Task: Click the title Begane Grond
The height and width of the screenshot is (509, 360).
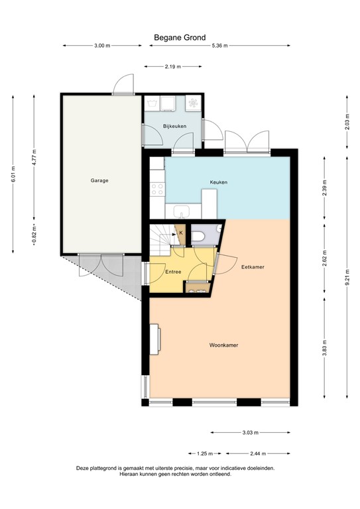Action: click(180, 38)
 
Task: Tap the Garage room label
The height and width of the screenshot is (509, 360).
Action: click(99, 180)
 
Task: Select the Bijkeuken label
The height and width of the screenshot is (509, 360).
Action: click(174, 126)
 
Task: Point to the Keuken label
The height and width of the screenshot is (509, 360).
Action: click(219, 182)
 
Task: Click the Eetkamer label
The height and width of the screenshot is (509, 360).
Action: click(253, 267)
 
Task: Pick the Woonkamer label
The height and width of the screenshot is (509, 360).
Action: click(223, 345)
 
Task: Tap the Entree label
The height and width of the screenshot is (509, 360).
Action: click(173, 272)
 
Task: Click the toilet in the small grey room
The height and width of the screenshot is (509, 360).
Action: click(197, 236)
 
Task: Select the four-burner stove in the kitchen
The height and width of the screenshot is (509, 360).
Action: click(157, 190)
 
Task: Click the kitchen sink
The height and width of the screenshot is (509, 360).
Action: click(182, 212)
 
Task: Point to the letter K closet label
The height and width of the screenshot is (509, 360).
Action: click(181, 233)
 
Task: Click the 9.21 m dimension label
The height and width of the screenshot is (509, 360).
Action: click(347, 278)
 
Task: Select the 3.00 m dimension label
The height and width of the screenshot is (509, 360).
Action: click(102, 46)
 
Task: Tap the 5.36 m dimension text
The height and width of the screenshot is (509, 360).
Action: click(219, 46)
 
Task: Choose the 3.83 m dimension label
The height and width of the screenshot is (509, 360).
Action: click(324, 348)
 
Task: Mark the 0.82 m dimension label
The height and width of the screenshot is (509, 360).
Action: click(34, 234)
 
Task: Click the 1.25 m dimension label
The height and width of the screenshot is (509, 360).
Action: click(205, 453)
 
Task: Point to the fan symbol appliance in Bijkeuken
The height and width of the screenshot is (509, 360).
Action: click(193, 103)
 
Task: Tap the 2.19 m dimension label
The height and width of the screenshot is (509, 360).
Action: click(172, 66)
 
